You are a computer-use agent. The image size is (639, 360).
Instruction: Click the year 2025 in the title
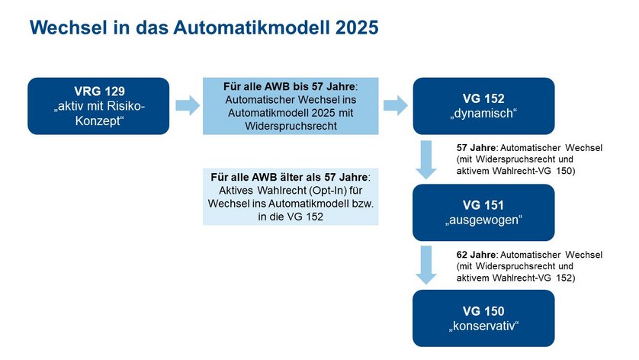(x=357, y=27)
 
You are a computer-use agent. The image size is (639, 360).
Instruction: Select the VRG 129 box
(x=98, y=106)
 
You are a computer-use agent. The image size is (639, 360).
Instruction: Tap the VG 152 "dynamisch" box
(x=483, y=106)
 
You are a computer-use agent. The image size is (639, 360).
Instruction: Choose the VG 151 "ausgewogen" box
(x=483, y=212)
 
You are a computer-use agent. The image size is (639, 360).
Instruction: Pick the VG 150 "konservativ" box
(x=483, y=318)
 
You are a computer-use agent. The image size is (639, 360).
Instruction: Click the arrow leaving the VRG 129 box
(x=188, y=105)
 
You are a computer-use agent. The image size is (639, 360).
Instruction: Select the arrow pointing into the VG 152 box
(x=396, y=105)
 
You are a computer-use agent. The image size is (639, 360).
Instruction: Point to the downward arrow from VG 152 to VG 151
(x=426, y=160)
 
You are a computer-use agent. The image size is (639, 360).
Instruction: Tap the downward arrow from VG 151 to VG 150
(x=426, y=265)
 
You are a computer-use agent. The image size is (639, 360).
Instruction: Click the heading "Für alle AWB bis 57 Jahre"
(x=289, y=86)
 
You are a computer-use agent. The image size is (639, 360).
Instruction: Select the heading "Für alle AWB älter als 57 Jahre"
(x=289, y=178)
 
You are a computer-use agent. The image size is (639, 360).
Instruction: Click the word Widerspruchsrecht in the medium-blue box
(x=291, y=126)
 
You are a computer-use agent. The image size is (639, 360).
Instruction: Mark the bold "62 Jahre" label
(x=476, y=255)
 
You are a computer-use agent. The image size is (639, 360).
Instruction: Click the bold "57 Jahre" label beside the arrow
(x=476, y=148)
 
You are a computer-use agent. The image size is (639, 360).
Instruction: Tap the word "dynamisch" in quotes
(x=483, y=114)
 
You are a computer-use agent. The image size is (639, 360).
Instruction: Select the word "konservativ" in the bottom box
(x=483, y=326)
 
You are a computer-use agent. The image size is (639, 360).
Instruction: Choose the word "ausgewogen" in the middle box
(x=483, y=220)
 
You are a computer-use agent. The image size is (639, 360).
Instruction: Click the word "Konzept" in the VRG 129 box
(x=99, y=121)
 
